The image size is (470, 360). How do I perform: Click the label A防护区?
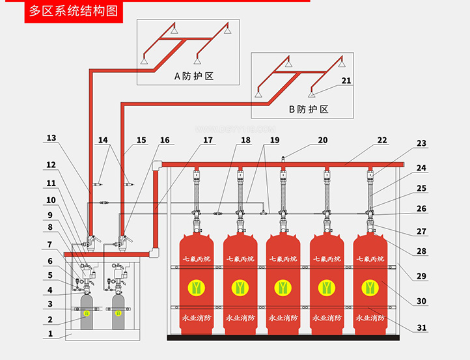pos(194,76)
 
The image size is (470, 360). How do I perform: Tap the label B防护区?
pos(309,109)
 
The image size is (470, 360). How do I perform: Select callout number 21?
pos(346,81)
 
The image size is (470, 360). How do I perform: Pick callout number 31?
pos(422,327)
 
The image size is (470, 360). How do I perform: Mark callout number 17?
pos(208,140)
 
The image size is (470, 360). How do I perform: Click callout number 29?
pos(422,276)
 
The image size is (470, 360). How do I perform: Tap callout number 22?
pos(382,140)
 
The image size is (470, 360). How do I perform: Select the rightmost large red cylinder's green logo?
pos(370,286)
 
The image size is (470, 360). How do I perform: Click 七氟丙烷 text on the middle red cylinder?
pos(283,258)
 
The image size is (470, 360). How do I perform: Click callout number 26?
pos(422,209)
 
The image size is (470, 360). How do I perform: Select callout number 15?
pos(141,140)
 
